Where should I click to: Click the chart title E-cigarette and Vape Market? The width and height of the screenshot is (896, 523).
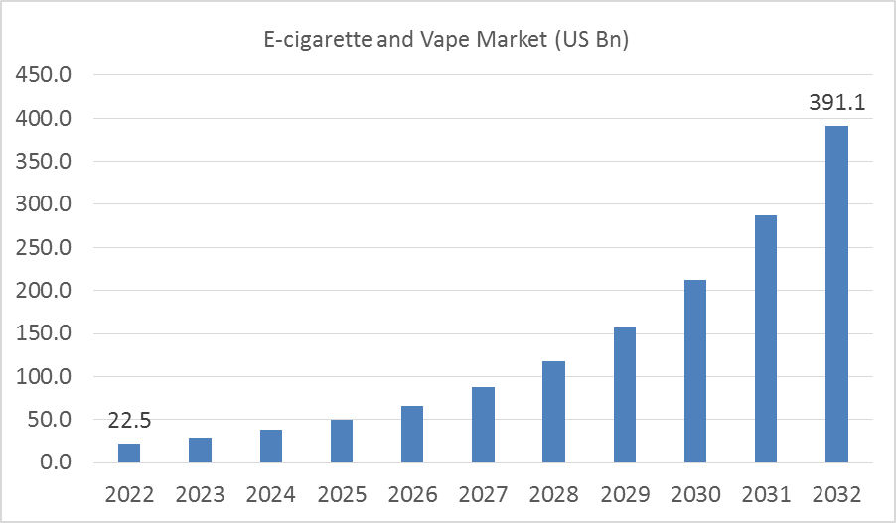tap(448, 41)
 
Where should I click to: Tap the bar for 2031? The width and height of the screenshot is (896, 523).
tap(766, 338)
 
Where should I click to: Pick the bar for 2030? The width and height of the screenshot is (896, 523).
tap(694, 371)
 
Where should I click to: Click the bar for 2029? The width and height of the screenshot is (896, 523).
tap(624, 395)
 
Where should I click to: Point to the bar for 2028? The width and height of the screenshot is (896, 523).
tap(553, 412)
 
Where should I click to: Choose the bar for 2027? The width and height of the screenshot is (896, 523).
tap(483, 425)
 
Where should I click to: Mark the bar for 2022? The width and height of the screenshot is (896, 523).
tap(129, 453)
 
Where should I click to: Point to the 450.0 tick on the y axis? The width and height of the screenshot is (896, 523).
tap(41, 75)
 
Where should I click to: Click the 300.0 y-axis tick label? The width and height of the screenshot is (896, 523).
tap(41, 204)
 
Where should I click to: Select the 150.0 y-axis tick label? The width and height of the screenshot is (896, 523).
tap(41, 333)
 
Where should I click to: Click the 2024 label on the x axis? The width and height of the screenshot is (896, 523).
tap(270, 494)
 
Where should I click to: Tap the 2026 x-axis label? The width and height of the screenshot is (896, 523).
tap(412, 494)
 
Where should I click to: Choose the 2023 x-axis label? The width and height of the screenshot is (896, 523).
tap(200, 494)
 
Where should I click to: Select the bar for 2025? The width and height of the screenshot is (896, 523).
tap(341, 441)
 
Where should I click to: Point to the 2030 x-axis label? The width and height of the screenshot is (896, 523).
tap(694, 494)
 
